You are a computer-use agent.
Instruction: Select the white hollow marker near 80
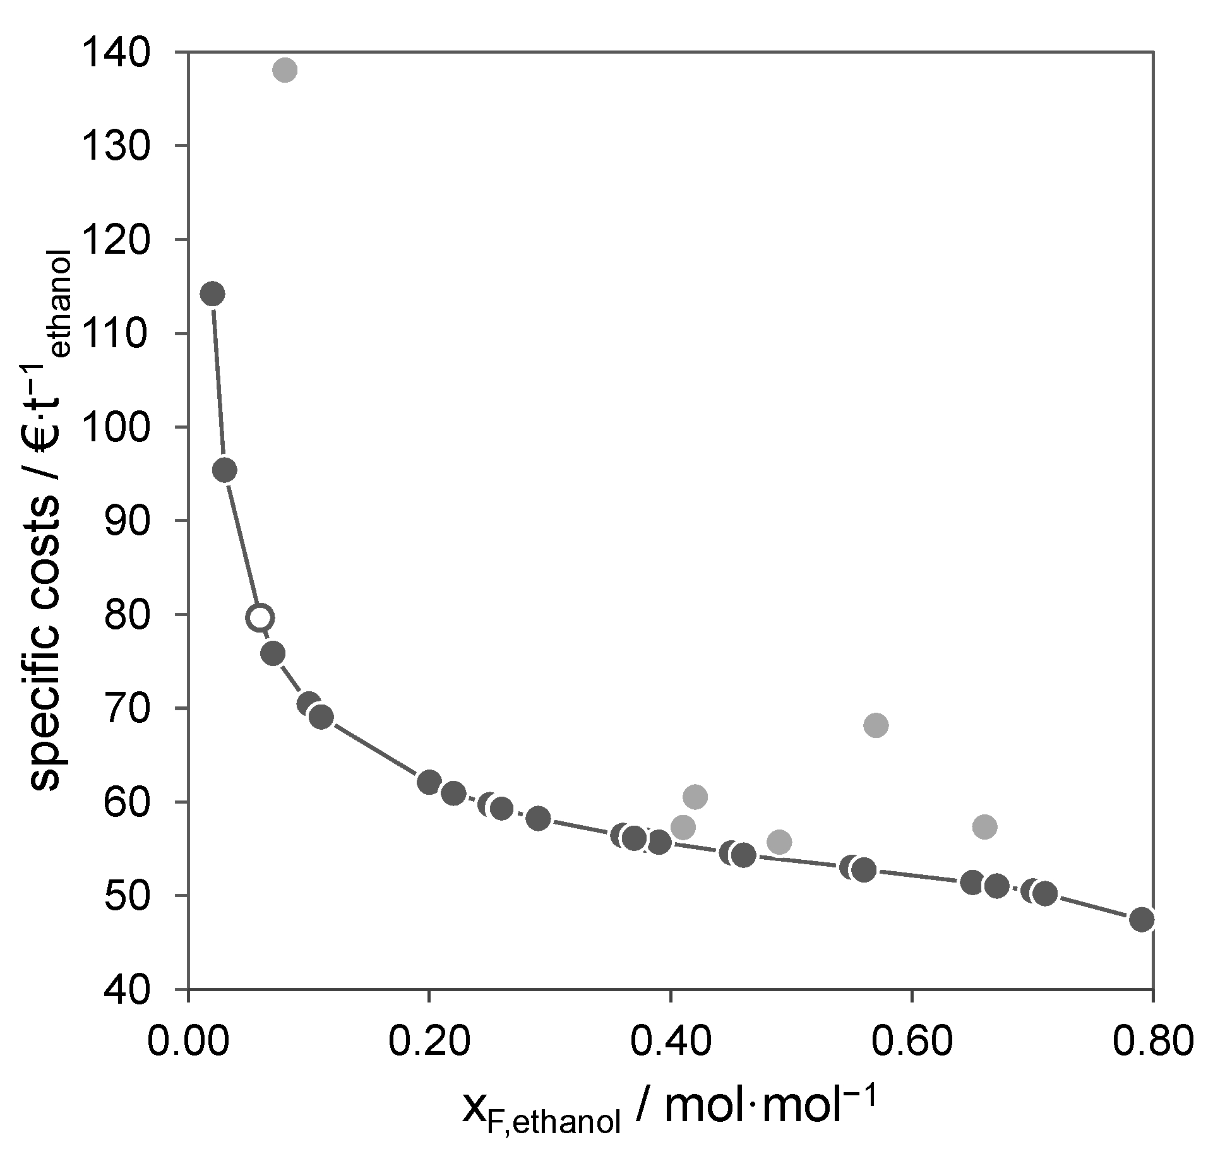[260, 617]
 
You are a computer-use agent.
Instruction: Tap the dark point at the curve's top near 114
[212, 294]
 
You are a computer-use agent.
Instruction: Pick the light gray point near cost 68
[875, 725]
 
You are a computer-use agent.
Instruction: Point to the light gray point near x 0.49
[780, 842]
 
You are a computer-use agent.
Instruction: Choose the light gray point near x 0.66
[984, 826]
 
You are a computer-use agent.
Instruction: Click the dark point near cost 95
[225, 470]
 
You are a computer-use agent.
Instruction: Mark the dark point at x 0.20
[429, 782]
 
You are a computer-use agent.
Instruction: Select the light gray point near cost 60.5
[695, 797]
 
